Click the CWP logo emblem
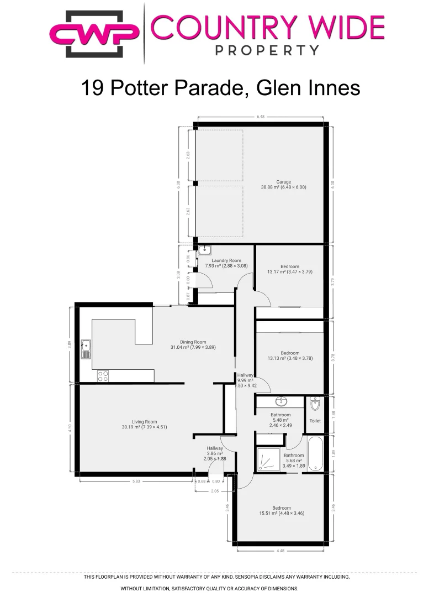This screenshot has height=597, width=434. coord(94,33)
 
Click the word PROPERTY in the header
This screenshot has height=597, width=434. coord(267,50)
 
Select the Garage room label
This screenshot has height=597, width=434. coord(283,184)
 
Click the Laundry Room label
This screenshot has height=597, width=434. coord(226,263)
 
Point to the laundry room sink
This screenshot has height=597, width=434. coord(204,249)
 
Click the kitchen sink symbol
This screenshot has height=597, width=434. coord(86,349)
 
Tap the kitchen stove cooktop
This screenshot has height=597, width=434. coord(103,376)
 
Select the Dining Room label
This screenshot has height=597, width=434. coord(193,344)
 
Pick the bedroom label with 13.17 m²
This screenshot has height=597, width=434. coord(289,269)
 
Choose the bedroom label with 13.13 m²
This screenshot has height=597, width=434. coord(289,355)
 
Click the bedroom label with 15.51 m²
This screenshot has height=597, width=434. coord(281,510)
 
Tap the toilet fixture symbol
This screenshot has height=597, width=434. coord(315,405)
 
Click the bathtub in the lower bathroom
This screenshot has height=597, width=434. coord(315,454)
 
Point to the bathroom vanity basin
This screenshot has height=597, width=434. coord(280,401)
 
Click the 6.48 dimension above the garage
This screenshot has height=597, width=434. coord(261,117)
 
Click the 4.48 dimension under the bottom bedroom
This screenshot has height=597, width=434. coord(280,550)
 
